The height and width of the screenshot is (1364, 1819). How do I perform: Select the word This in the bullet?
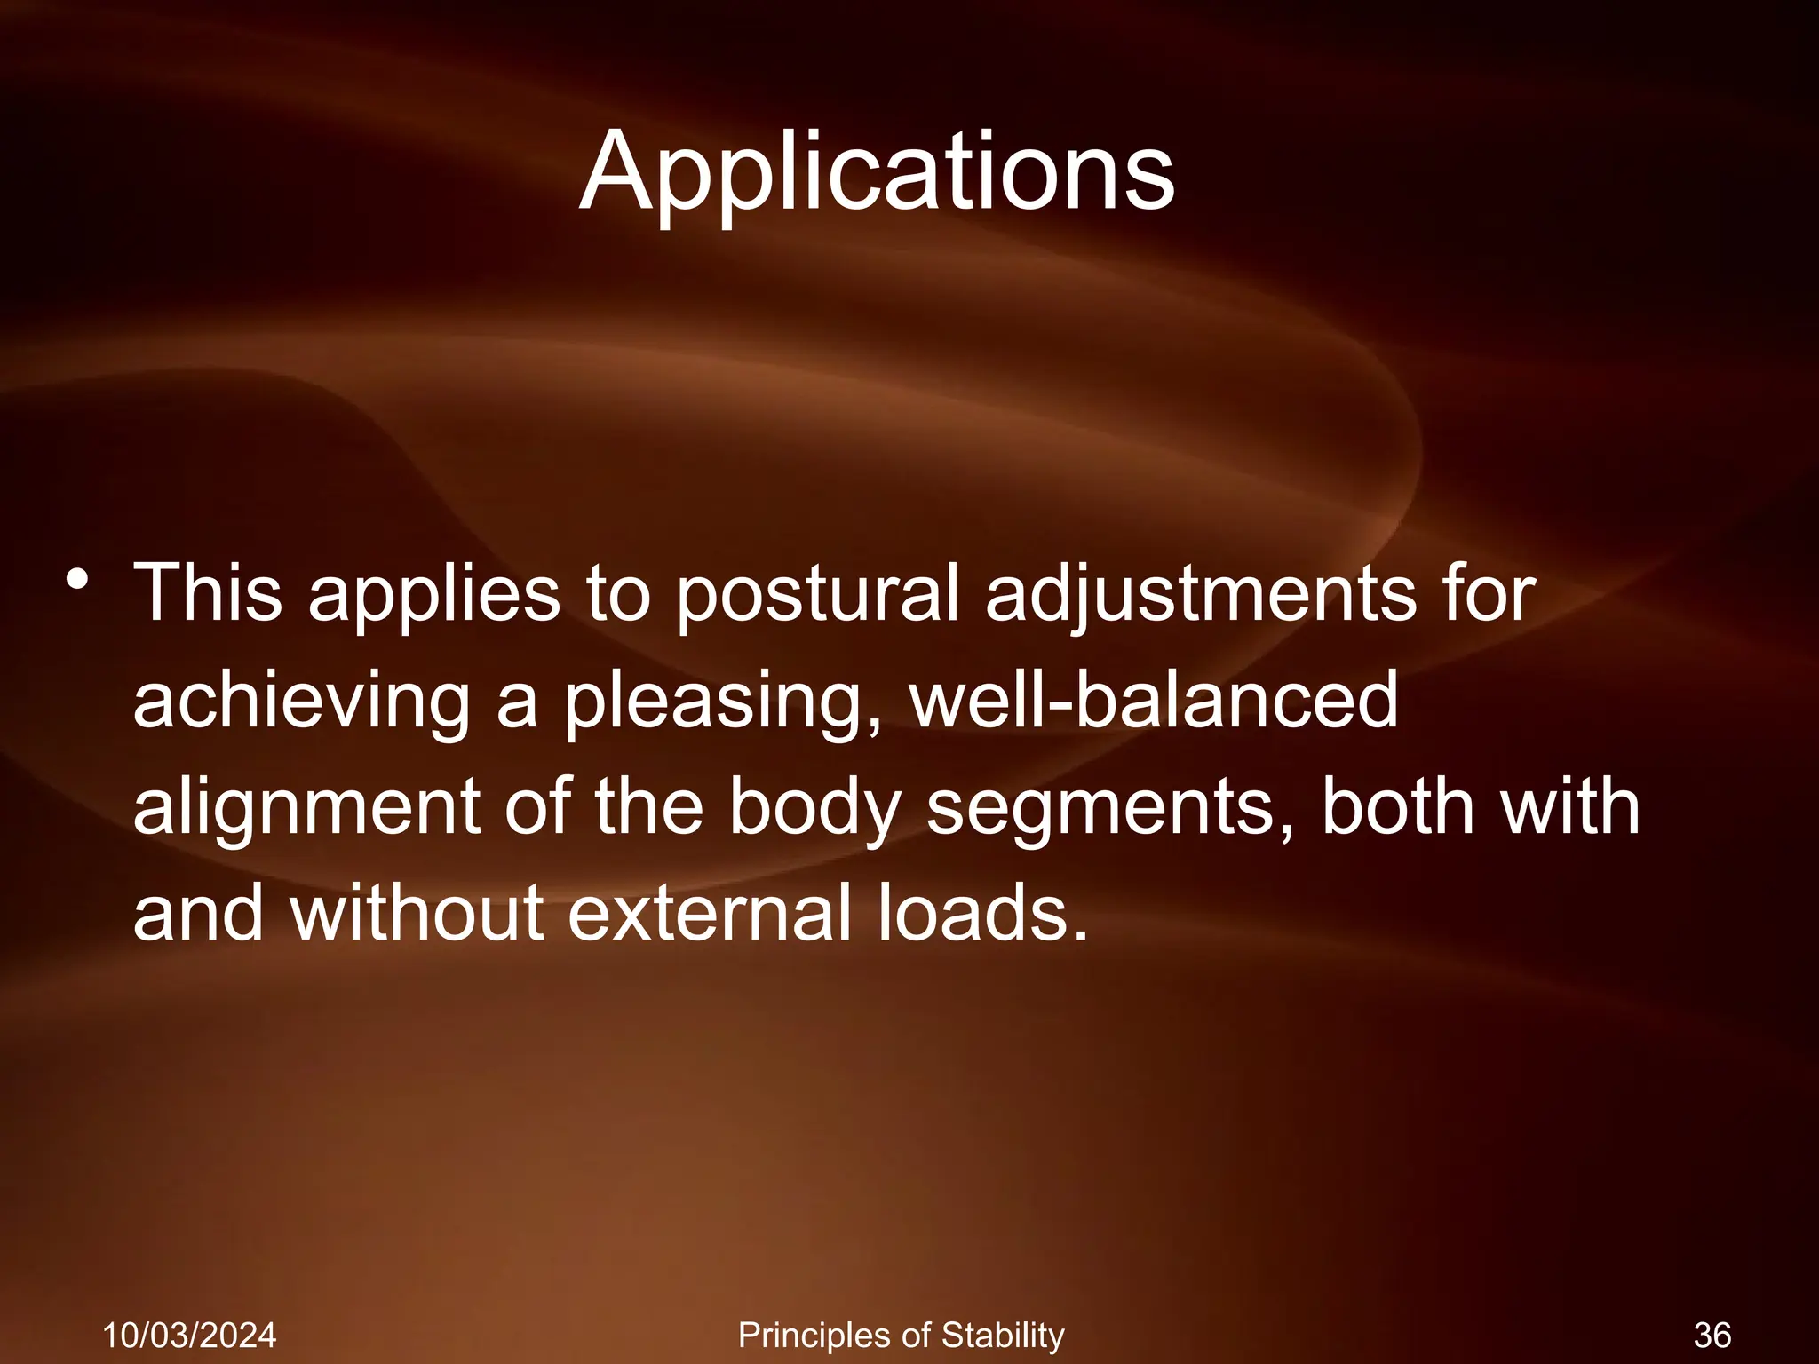(208, 592)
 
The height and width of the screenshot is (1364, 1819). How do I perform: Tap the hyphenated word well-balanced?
(1155, 700)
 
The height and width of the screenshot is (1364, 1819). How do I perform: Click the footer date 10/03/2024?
(189, 1336)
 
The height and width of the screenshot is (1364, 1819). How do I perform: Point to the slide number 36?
(1712, 1336)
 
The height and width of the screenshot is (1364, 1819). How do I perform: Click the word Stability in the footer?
(1003, 1336)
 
